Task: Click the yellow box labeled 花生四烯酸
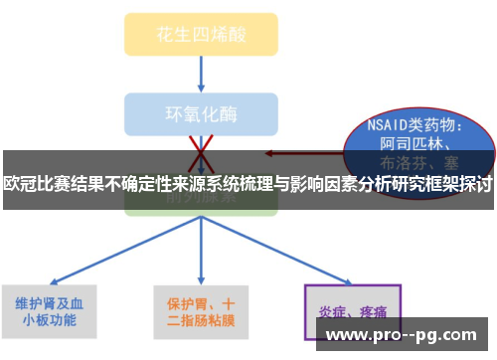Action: point(200,33)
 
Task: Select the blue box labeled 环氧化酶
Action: point(200,112)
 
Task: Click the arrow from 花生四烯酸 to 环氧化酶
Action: point(201,74)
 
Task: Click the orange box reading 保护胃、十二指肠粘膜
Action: point(200,311)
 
